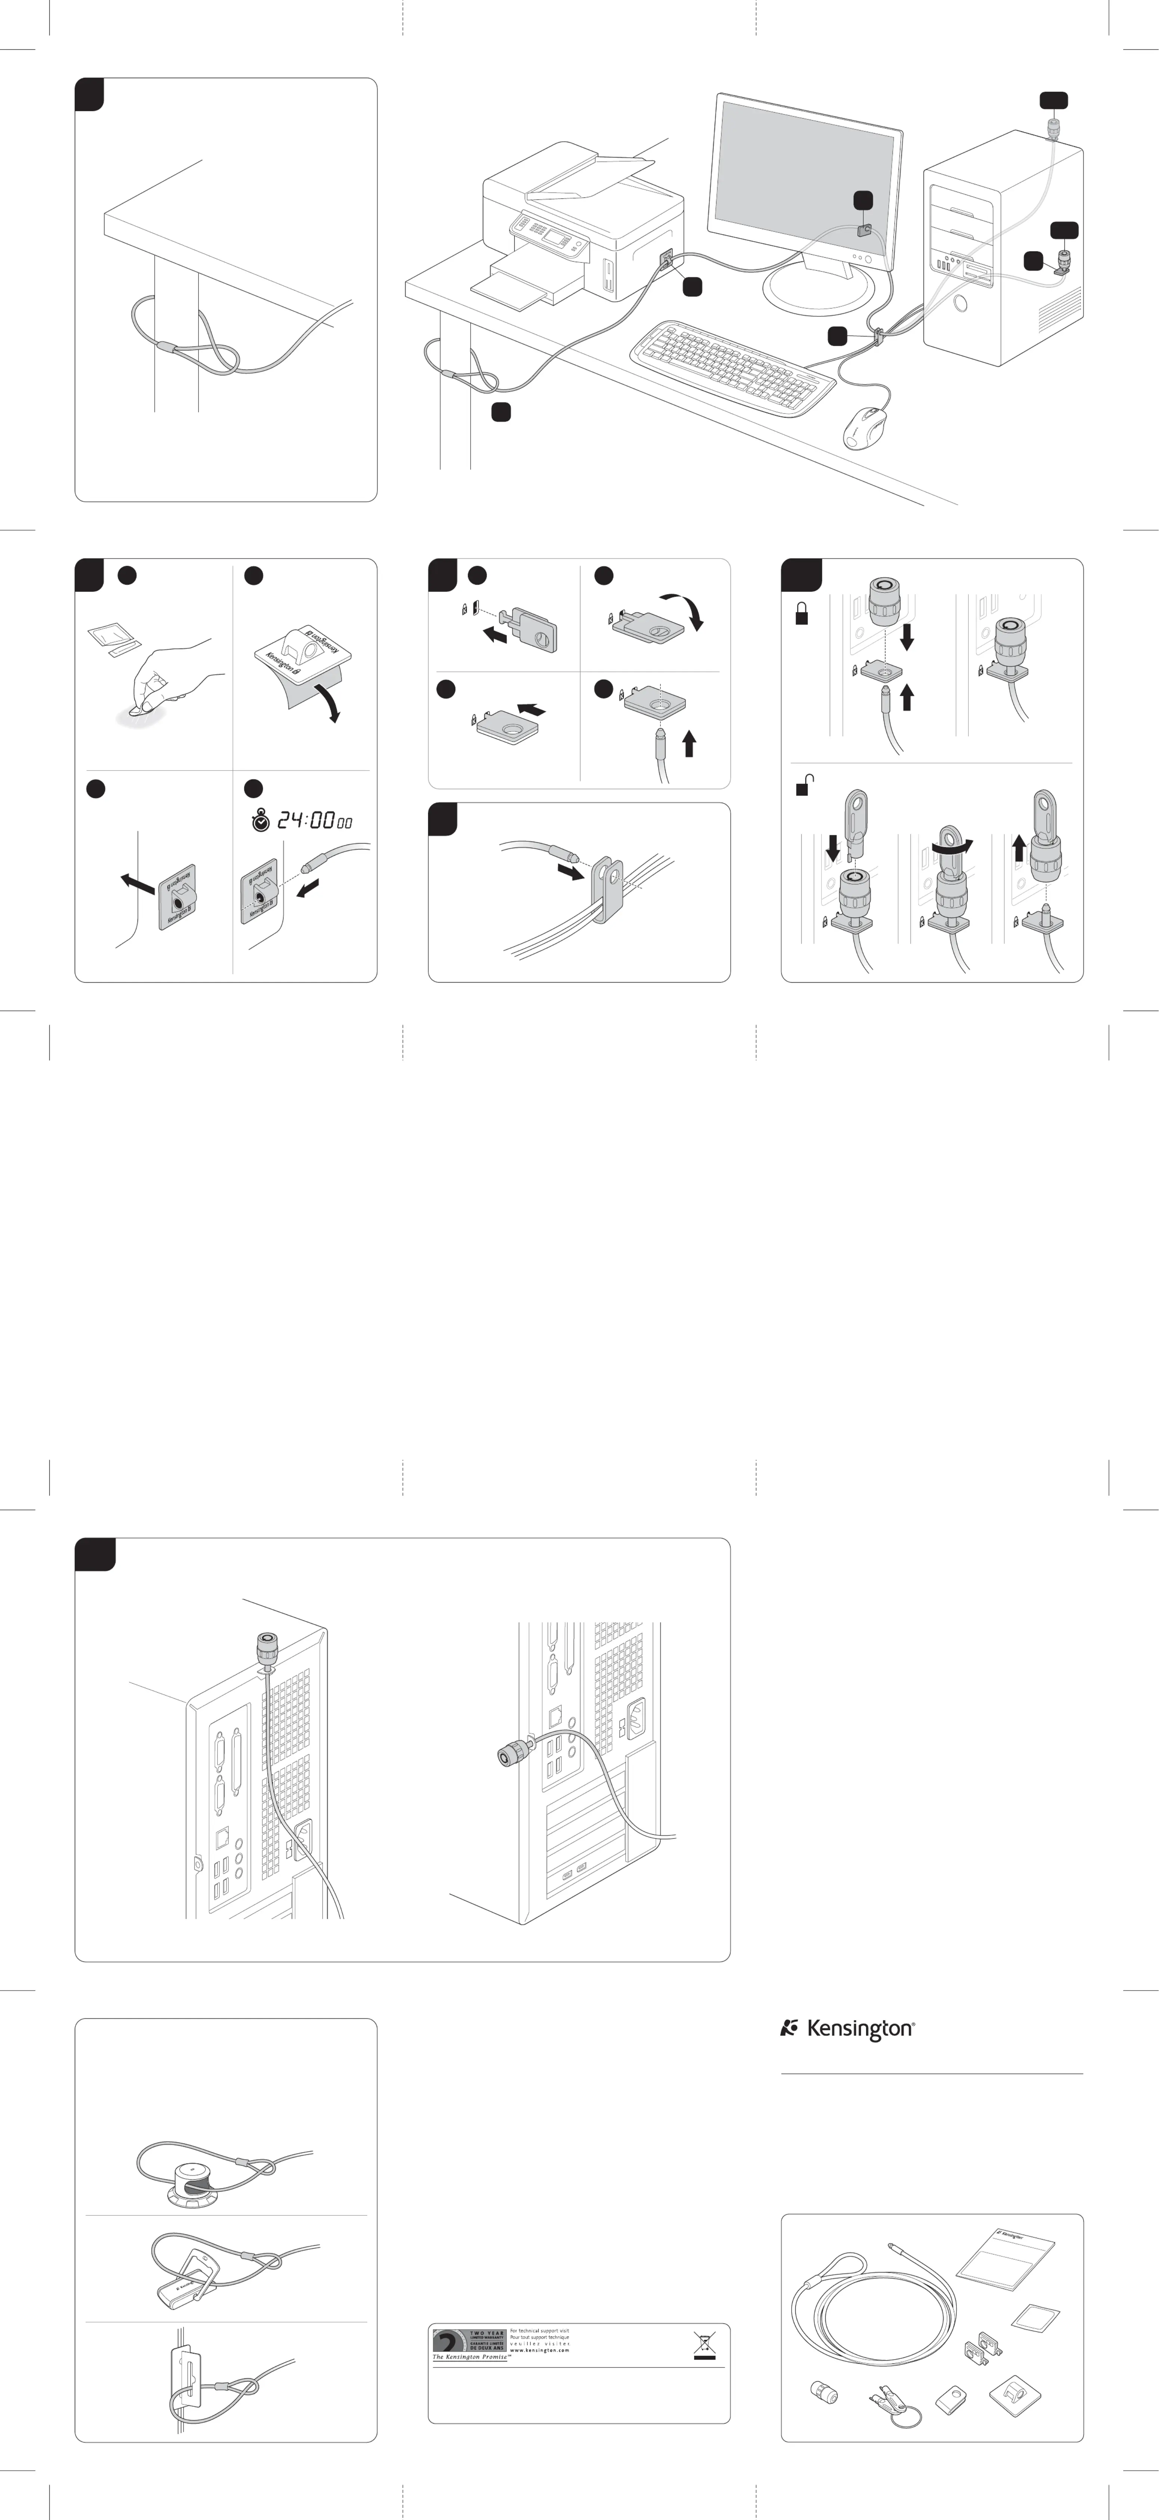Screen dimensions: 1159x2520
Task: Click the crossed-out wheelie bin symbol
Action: tap(704, 2346)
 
